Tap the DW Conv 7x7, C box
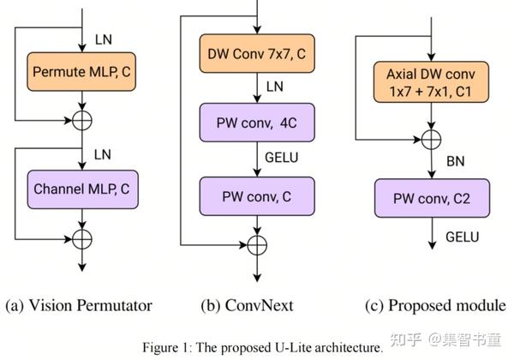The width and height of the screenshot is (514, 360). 257,55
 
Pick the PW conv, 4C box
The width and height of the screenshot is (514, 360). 257,123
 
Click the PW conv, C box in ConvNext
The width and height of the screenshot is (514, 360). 257,196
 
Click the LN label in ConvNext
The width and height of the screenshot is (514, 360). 275,87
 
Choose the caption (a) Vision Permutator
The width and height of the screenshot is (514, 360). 79,305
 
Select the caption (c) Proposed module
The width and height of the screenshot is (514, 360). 433,305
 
